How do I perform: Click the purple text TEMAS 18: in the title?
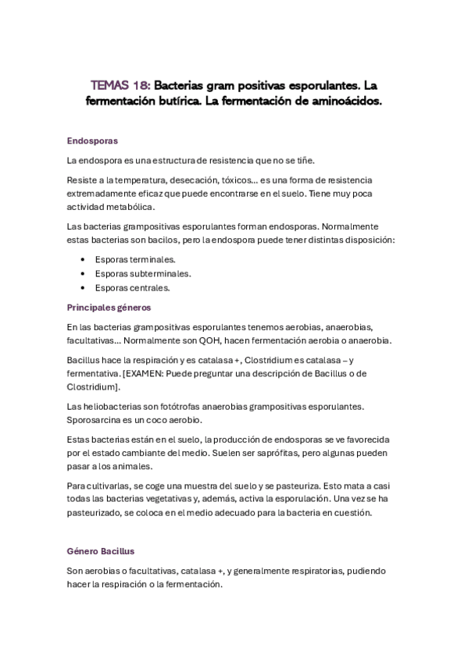119,84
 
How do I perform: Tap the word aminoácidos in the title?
341,101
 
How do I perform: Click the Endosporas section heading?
92,141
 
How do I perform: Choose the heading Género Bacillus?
102,551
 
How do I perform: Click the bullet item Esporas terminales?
135,259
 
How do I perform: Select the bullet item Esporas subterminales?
143,273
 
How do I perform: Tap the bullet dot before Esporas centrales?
84,288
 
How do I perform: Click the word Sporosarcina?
95,421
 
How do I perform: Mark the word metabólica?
130,207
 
